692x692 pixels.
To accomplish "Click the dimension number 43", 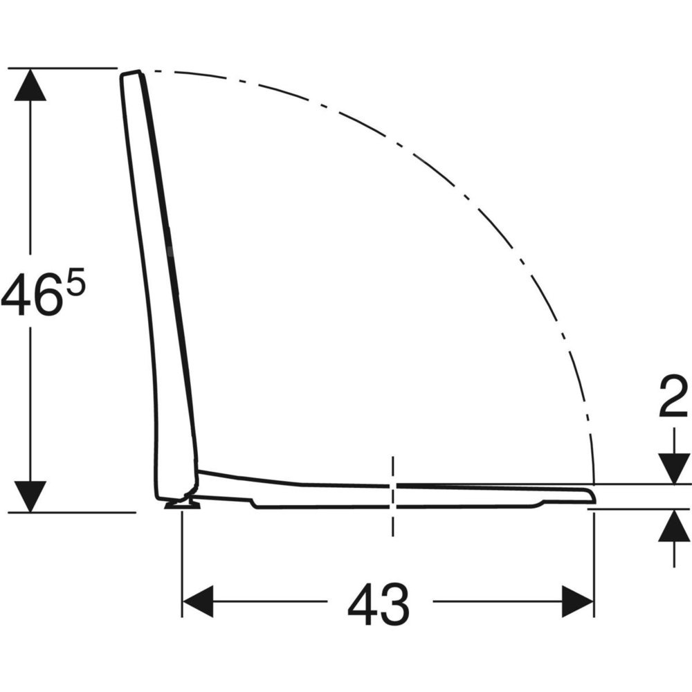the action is click(379, 603).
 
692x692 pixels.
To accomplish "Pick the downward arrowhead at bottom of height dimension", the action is click(30, 496).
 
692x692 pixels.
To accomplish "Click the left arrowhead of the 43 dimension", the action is click(198, 601).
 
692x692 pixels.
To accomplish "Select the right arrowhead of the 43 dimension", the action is click(578, 601).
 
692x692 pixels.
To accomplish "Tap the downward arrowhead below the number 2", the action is click(674, 468).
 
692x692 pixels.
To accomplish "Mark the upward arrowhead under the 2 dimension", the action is click(674, 525).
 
